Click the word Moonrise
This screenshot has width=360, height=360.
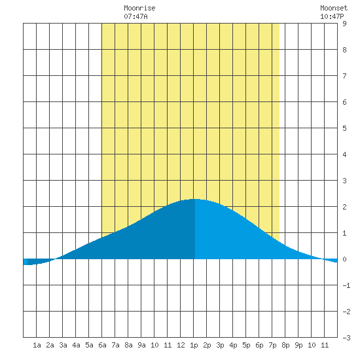pyautogui.click(x=139, y=8)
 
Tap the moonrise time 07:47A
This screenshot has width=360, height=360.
pyautogui.click(x=135, y=16)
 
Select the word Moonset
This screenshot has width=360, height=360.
pyautogui.click(x=334, y=8)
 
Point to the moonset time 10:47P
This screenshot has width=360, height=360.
pyautogui.click(x=332, y=16)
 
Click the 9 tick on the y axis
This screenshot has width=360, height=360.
pyautogui.click(x=344, y=24)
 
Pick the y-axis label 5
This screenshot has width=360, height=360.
pyautogui.click(x=344, y=128)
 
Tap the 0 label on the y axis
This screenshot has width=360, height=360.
pyautogui.click(x=344, y=259)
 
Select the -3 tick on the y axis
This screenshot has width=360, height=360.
pyautogui.click(x=346, y=338)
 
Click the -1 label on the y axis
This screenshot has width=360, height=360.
pyautogui.click(x=346, y=285)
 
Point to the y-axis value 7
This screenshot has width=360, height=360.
pyautogui.click(x=344, y=76)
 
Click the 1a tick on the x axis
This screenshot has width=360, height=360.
pyautogui.click(x=37, y=345)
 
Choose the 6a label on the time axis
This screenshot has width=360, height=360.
pyautogui.click(x=102, y=345)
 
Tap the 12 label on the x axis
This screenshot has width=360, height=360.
pyautogui.click(x=181, y=345)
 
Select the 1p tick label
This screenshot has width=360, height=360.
pyautogui.click(x=194, y=346)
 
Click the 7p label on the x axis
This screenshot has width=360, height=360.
pyautogui.click(x=272, y=346)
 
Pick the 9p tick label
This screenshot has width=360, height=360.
pyautogui.click(x=298, y=346)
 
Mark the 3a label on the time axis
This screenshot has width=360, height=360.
pyautogui.click(x=63, y=345)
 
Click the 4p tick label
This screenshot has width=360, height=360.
pyautogui.click(x=233, y=346)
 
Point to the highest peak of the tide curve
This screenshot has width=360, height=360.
pyautogui.click(x=194, y=199)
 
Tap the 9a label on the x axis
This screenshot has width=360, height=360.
pyautogui.click(x=141, y=345)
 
